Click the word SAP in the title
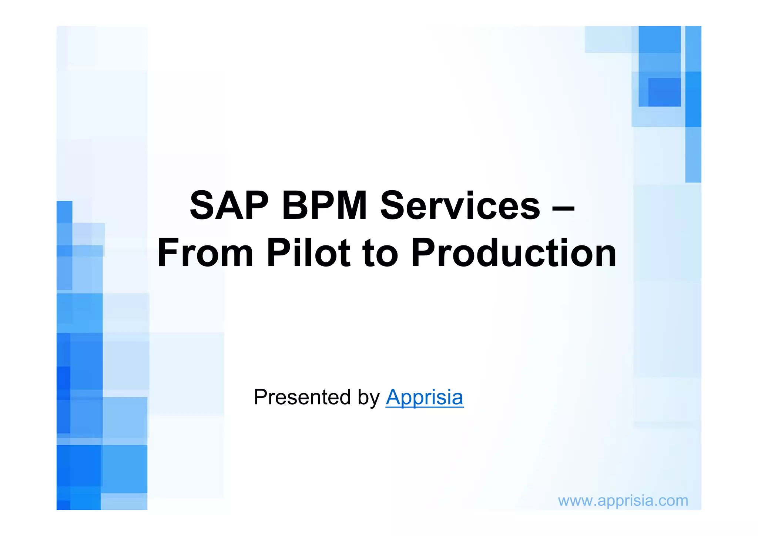click(x=229, y=206)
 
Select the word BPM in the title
click(x=324, y=206)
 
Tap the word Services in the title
click(x=460, y=206)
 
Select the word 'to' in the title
click(x=380, y=254)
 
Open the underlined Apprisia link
click(x=425, y=398)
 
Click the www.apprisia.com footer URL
click(x=623, y=501)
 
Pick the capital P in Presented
click(x=261, y=397)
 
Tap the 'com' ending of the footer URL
click(x=673, y=501)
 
